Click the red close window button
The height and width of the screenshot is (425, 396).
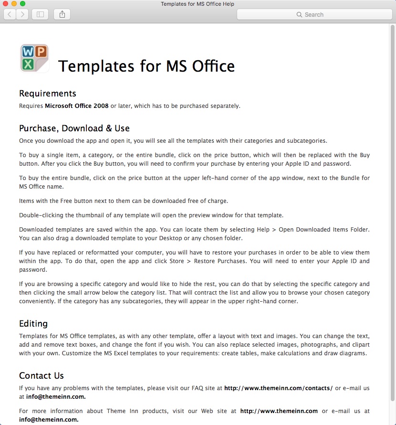click(x=6, y=4)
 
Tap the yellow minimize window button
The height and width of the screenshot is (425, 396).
click(x=14, y=4)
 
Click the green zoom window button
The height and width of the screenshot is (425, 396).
click(x=22, y=4)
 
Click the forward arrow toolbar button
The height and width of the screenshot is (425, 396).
click(x=22, y=14)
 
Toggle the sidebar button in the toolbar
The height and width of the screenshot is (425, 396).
click(x=40, y=14)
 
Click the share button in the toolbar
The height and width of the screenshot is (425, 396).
click(x=62, y=14)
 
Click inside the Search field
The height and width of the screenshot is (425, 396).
click(x=314, y=14)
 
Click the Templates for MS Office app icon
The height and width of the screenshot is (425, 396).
click(x=34, y=58)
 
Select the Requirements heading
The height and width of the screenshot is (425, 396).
click(x=48, y=93)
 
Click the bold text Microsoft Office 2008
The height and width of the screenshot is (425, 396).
click(x=77, y=106)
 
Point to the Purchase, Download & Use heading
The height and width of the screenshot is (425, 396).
click(x=74, y=128)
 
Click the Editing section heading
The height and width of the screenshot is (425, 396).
click(x=33, y=323)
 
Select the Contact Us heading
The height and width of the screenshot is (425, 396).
click(x=42, y=375)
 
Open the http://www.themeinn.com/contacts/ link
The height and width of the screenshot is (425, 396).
click(x=278, y=388)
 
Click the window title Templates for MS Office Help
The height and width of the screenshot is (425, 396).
click(x=198, y=4)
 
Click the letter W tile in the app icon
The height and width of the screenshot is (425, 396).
click(x=28, y=52)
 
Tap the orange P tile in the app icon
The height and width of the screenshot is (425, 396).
click(x=41, y=51)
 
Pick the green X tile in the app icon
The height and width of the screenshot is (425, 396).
click(x=28, y=64)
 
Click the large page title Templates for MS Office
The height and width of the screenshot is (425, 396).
click(x=146, y=65)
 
